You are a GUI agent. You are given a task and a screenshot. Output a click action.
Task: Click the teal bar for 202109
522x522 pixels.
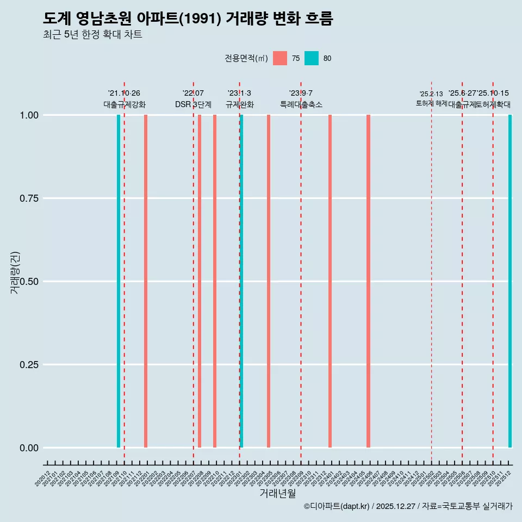(119, 281)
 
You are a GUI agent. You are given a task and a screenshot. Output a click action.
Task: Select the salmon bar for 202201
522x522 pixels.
(146, 281)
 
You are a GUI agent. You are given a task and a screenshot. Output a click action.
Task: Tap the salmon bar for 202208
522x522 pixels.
(200, 281)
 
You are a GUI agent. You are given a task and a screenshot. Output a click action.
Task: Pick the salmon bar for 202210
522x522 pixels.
(215, 281)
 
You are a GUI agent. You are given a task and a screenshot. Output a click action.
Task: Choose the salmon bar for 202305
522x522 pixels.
(269, 281)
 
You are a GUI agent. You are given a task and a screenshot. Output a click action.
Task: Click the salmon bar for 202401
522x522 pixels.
(330, 281)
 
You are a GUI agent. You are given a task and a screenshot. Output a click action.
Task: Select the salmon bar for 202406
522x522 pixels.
(368, 281)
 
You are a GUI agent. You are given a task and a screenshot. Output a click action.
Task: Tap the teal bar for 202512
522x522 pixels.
(510, 281)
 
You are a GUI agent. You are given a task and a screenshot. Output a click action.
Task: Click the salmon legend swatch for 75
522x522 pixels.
(280, 58)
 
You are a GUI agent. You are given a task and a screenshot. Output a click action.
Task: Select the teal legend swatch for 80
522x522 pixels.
(312, 58)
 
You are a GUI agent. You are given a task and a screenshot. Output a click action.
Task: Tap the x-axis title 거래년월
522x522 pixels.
(278, 493)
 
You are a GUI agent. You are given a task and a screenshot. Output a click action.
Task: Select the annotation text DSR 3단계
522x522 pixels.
(193, 104)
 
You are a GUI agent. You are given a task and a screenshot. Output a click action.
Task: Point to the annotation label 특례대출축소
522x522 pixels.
(301, 104)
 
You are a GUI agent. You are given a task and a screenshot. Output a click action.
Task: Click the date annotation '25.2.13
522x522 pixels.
(431, 94)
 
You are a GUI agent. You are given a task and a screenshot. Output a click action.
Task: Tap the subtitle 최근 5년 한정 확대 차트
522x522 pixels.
(92, 35)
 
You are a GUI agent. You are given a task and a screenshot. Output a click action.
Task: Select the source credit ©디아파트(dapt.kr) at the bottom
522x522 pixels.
(337, 506)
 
